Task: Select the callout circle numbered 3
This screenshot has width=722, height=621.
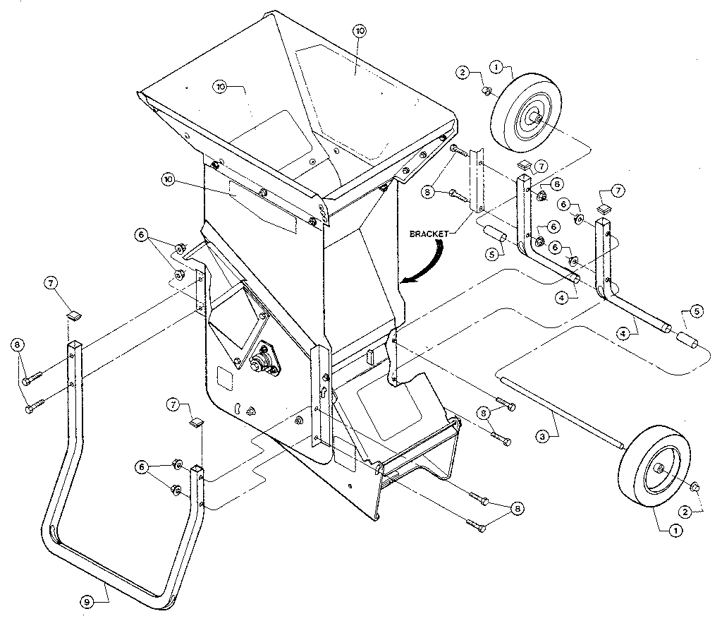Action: point(541,437)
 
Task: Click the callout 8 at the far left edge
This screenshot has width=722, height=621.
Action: point(17,344)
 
